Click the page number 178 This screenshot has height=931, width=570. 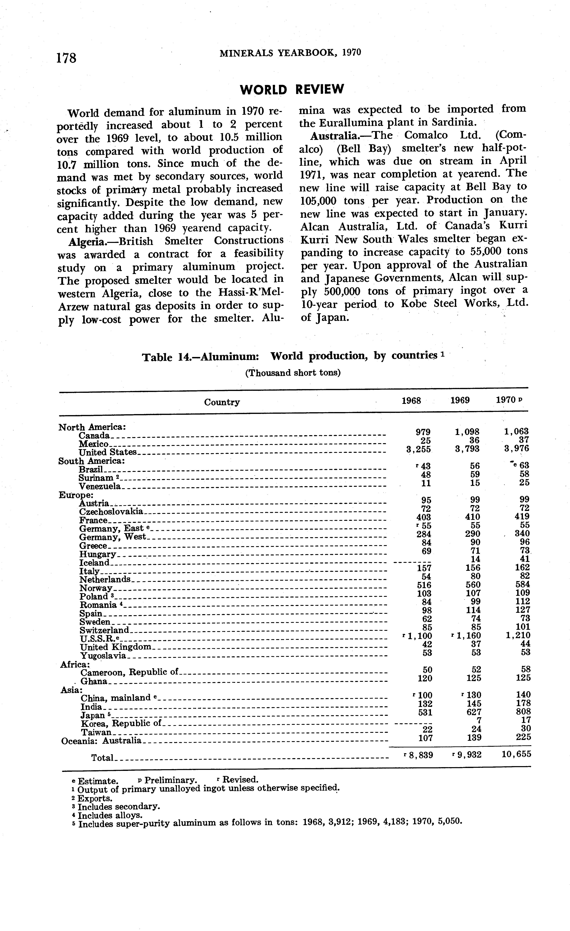(66, 58)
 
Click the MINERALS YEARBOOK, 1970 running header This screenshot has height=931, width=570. (290, 53)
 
